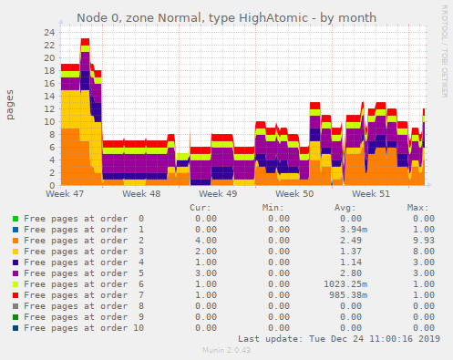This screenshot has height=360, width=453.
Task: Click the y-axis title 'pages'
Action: [x=11, y=105]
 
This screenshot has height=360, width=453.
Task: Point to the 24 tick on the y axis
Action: [x=49, y=32]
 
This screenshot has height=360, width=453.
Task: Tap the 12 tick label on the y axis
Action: [x=49, y=108]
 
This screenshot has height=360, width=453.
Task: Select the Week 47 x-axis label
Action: [x=65, y=194]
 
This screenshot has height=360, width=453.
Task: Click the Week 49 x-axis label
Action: [x=218, y=194]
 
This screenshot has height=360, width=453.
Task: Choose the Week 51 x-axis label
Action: [x=371, y=194]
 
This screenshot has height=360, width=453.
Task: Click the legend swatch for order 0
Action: [x=15, y=219]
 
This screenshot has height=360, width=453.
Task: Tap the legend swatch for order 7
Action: [x=15, y=295]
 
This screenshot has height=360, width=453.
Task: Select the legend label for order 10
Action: [x=84, y=328]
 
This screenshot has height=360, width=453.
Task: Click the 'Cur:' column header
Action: [x=200, y=207]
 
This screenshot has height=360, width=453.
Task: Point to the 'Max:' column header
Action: [x=418, y=207]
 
